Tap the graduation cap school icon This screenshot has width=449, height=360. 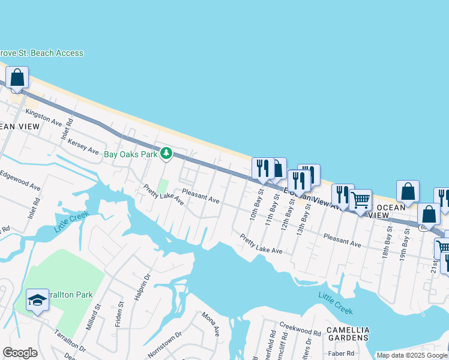point(37,299)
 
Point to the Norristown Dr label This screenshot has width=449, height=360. point(164,344)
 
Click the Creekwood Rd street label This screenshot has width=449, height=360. point(304,332)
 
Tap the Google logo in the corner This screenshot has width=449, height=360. point(20,353)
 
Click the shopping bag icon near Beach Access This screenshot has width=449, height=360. point(17,77)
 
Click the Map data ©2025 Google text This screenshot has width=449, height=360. point(412,355)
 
